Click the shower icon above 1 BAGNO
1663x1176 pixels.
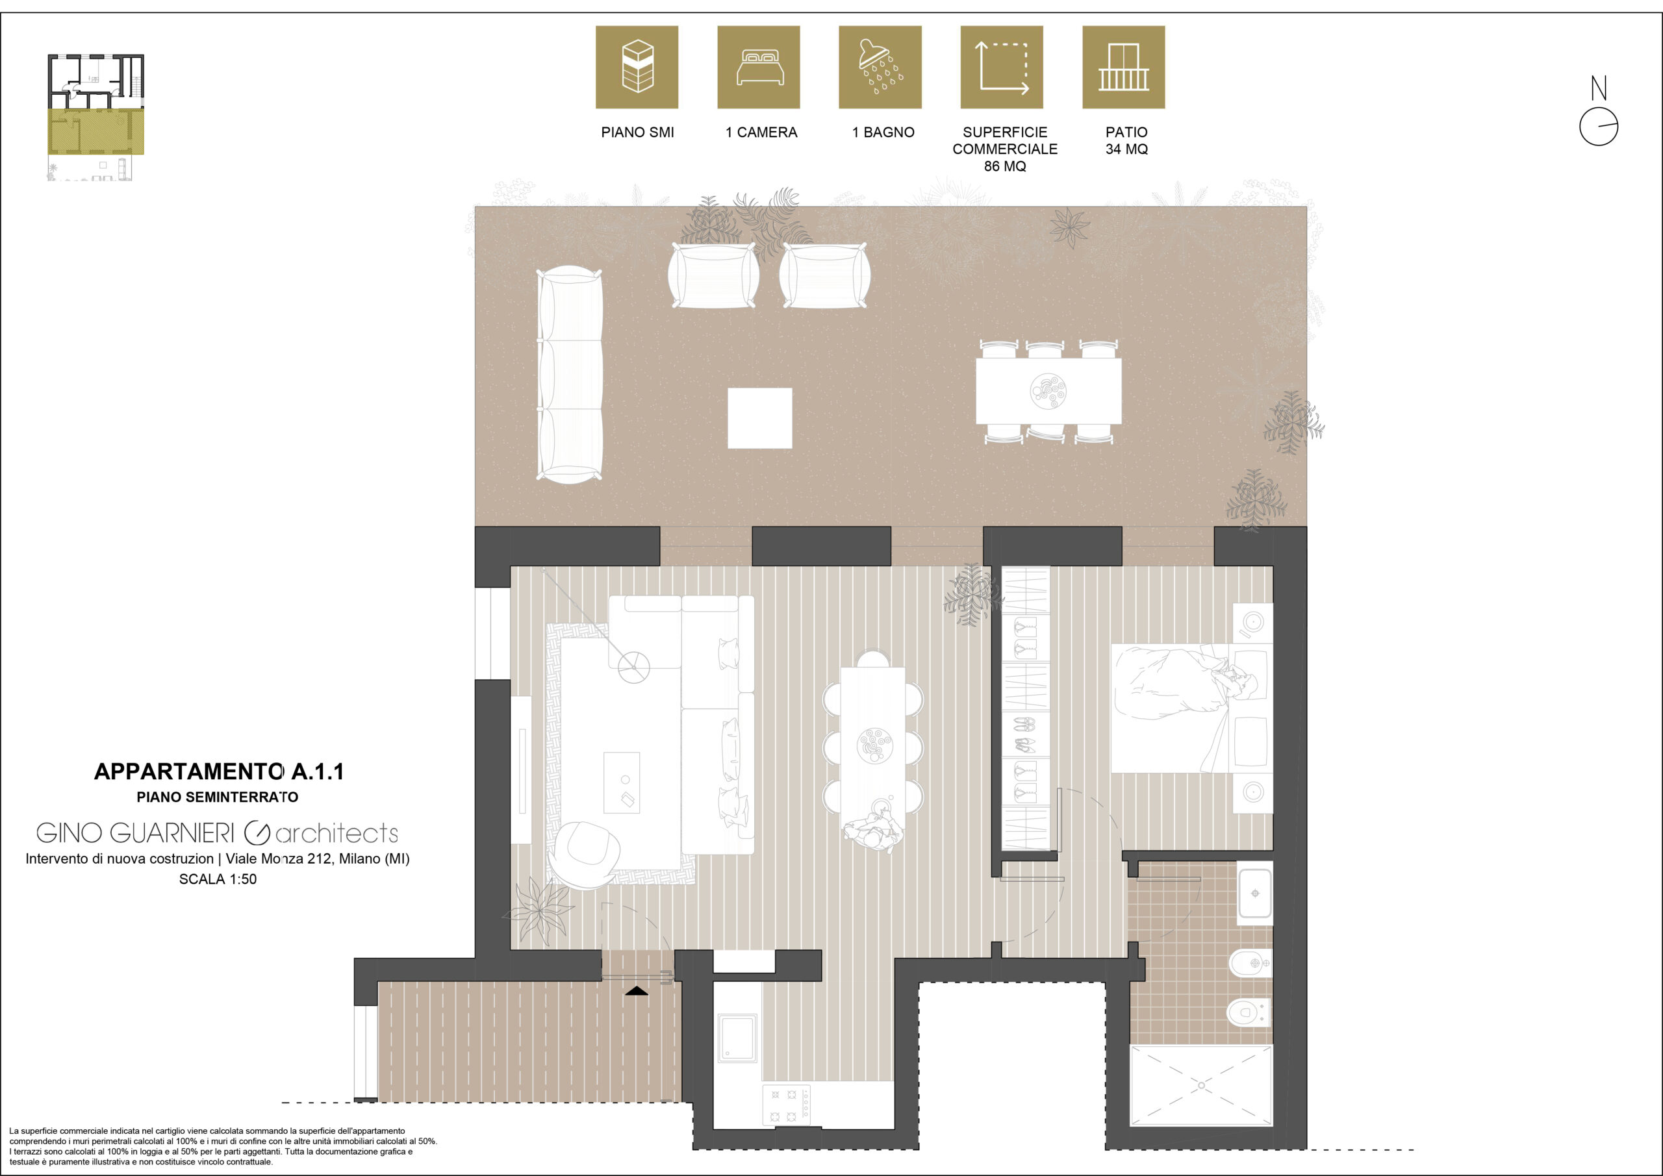point(880,68)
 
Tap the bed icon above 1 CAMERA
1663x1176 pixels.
point(758,68)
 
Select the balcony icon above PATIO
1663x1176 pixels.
point(1123,68)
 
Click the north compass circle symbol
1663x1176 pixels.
point(1599,127)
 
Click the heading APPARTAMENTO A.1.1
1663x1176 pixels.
point(219,772)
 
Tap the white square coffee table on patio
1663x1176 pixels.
point(760,418)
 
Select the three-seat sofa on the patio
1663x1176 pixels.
point(570,375)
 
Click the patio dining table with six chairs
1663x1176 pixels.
point(1048,391)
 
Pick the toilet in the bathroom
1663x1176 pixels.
point(1249,1012)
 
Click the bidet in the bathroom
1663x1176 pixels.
point(1251,963)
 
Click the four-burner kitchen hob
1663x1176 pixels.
point(787,1105)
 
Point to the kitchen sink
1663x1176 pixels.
point(737,1038)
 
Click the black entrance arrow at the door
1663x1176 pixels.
point(637,991)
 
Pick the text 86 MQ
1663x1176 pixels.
point(1004,166)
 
